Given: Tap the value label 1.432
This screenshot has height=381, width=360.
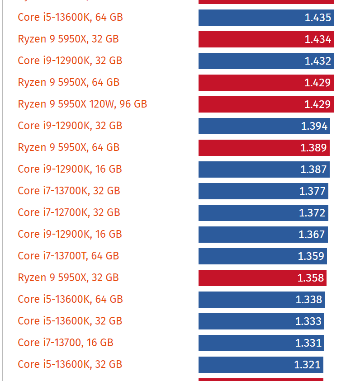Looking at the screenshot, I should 318,61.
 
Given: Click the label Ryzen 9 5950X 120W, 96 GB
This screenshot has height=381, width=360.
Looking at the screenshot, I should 82,104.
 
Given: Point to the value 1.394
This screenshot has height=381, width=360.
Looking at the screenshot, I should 314,126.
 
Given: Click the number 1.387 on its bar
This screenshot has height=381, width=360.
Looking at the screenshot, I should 313,169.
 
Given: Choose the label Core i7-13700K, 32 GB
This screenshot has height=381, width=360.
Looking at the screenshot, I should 69,191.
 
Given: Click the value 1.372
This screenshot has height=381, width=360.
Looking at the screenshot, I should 313,213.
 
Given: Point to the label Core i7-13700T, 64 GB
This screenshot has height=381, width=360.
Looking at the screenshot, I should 68,256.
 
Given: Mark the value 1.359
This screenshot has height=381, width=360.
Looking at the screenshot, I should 311,256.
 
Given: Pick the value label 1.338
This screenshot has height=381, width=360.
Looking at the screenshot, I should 309,300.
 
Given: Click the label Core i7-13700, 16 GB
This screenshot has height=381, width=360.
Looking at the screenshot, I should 66,343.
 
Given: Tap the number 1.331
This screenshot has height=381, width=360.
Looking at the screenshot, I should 308,343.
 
